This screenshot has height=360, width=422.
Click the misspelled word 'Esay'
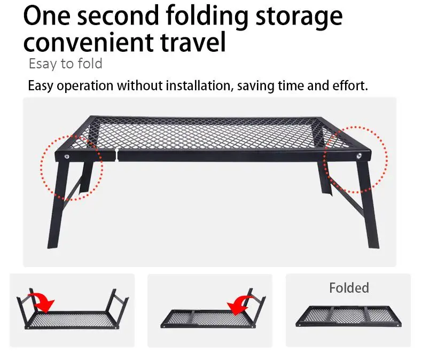pos(41,64)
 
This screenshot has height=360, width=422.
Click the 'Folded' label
pos(349,288)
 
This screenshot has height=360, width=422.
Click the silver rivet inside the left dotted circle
pos(66,156)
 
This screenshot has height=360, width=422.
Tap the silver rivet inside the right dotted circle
pos(359,155)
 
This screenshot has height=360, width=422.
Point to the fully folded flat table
pos(348,316)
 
